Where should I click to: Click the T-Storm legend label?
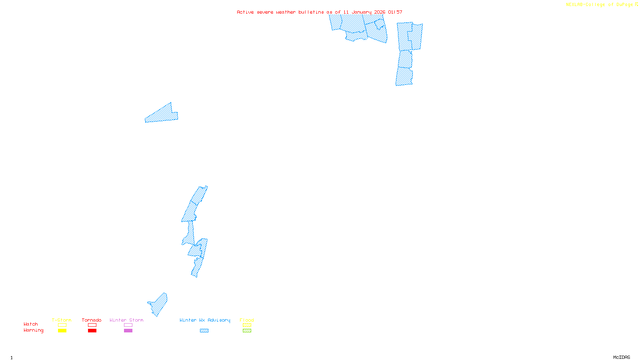[62, 320]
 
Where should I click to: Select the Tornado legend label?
[92, 320]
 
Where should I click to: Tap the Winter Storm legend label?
[126, 320]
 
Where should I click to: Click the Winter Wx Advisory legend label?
[205, 320]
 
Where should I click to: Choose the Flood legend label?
[247, 320]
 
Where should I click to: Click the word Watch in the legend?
[31, 324]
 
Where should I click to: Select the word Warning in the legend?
[33, 330]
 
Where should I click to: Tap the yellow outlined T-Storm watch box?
[62, 325]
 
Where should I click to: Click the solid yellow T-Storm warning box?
[62, 331]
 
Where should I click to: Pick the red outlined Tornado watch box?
[92, 325]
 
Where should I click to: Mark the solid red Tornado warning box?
[92, 331]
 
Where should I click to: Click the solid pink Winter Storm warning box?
[128, 331]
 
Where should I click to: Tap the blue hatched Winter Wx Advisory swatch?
[204, 331]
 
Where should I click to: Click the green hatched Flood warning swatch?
[247, 331]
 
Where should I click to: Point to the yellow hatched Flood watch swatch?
[247, 325]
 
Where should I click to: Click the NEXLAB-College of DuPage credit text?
[602, 5]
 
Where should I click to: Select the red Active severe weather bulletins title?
[319, 12]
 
